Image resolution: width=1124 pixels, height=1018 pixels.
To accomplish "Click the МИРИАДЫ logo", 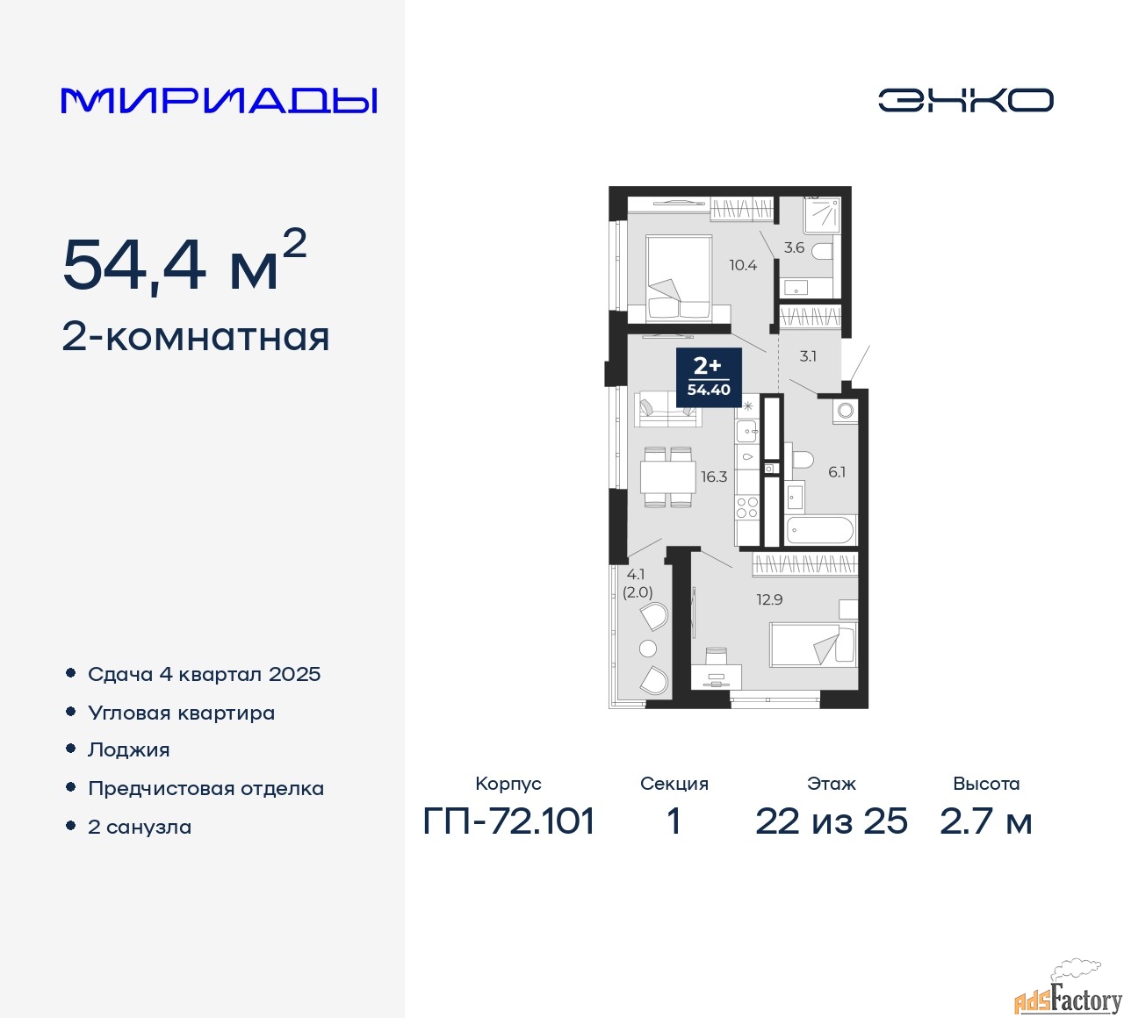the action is (x=219, y=101).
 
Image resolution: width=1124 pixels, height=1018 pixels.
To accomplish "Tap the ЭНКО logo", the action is (x=965, y=100).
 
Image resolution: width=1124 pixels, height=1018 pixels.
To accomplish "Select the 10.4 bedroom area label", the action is (x=743, y=265).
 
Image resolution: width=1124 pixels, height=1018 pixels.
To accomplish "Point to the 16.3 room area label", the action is (x=714, y=477).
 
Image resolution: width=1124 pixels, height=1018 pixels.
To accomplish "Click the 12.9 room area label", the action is (x=769, y=599).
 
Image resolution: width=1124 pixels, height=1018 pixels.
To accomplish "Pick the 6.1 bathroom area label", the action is (x=837, y=472).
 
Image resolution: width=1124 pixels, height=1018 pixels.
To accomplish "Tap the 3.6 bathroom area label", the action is (x=794, y=247).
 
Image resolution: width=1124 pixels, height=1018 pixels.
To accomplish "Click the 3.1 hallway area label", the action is (x=807, y=356).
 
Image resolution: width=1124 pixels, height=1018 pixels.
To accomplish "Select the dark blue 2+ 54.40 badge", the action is (x=709, y=377).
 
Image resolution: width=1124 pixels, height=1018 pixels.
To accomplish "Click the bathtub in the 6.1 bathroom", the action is (x=821, y=530).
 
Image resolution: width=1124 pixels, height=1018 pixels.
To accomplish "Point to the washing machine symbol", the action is (x=845, y=411).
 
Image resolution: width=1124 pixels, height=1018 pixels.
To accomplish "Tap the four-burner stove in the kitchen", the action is (x=747, y=507).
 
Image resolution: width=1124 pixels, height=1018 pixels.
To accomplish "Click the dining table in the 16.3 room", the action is (x=668, y=477).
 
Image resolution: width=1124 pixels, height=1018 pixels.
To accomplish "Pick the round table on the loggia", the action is (x=648, y=649).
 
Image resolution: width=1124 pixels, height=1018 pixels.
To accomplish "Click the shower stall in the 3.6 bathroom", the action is (x=822, y=215).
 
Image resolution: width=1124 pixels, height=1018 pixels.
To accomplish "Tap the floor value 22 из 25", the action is (x=831, y=821).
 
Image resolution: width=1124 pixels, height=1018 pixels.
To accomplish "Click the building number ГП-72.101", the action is (x=508, y=821).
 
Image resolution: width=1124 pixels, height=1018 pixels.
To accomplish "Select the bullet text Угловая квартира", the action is (x=182, y=713).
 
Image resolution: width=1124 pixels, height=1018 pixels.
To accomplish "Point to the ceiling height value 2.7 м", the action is (x=985, y=821).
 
